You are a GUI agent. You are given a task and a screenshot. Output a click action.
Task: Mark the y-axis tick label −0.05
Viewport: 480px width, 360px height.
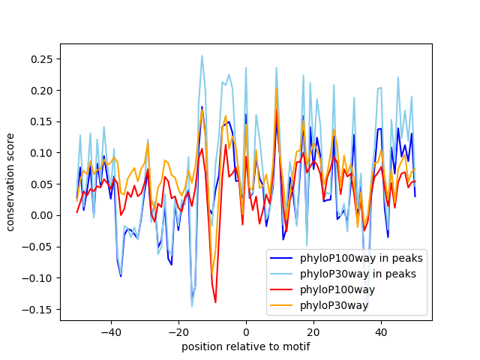tap(40, 247)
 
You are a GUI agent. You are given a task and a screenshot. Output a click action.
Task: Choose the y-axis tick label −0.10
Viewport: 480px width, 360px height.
tap(40, 277)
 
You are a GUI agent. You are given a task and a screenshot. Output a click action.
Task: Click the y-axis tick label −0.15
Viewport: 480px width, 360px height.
tap(40, 309)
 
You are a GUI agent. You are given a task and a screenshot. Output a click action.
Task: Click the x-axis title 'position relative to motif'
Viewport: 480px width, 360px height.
tap(245, 346)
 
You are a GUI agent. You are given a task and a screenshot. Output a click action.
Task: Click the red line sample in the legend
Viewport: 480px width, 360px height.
tap(282, 289)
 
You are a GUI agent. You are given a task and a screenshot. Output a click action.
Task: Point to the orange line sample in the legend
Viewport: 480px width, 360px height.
tap(282, 305)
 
